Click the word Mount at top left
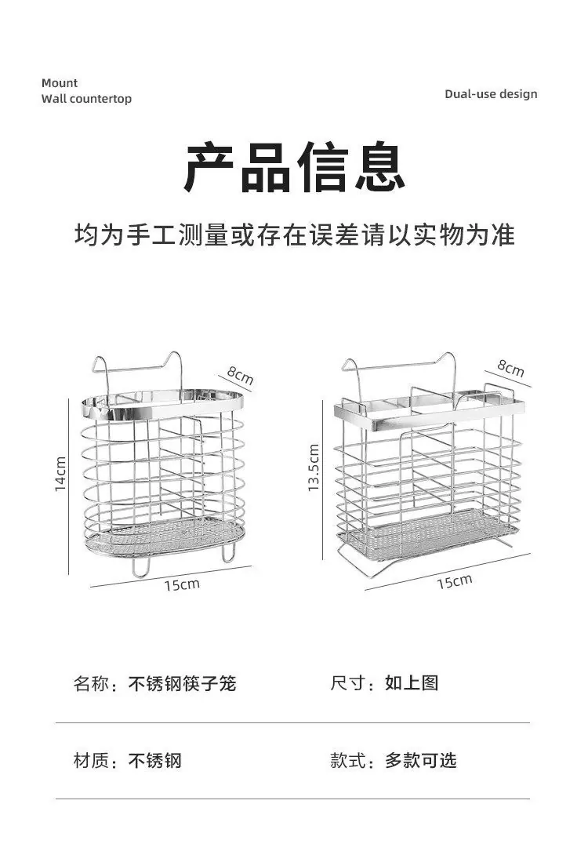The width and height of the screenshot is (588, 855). coord(60,83)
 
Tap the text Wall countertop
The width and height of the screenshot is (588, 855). coord(87,99)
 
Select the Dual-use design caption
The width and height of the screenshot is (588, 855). coord(491,94)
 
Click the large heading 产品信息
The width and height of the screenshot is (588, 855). coord(294,167)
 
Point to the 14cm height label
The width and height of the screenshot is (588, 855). coord(60,474)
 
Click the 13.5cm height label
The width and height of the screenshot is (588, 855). coord(314,468)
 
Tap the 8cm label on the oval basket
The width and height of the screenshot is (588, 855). coord(241,375)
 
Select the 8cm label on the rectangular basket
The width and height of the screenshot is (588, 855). coord(510,368)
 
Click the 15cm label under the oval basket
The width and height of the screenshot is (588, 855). coord(183,584)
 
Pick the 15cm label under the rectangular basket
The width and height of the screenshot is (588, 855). coord(454,581)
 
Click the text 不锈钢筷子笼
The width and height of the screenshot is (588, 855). coord(182,683)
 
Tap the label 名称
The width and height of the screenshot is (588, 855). coord(91,683)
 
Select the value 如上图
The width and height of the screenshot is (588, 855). coord(412,682)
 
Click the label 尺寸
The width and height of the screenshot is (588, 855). coord(347,682)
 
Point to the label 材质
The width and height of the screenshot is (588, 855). coord(91,760)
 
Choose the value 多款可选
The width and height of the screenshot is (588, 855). coord(421,760)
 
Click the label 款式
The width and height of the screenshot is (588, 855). coord(347,760)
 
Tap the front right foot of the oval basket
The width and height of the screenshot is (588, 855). coord(227,553)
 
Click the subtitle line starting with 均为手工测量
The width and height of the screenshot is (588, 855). coord(294,235)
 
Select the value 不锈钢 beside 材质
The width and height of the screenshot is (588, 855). coord(154,760)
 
